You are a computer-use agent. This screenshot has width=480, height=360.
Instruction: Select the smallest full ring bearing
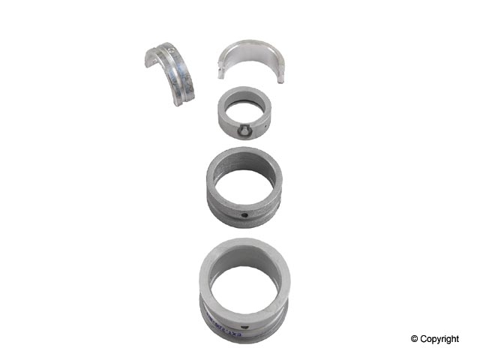tap(244, 114)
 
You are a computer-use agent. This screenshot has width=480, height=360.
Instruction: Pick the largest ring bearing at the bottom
tap(244, 285)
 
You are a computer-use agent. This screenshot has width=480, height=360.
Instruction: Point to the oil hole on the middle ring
tap(245, 217)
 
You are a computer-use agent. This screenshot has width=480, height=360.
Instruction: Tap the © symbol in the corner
tap(414, 340)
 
